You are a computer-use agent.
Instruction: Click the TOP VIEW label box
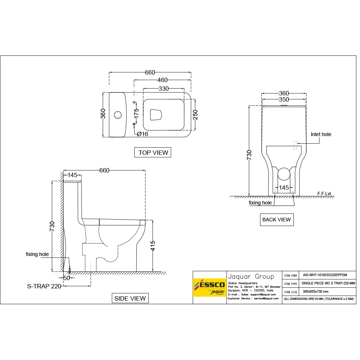pyautogui.click(x=153, y=153)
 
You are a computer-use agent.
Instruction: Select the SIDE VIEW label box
pyautogui.click(x=130, y=298)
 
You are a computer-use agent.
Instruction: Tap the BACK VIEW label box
pyautogui.click(x=276, y=220)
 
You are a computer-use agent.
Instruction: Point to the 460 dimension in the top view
pyautogui.click(x=162, y=80)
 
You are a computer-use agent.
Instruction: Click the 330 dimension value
pyautogui.click(x=164, y=89)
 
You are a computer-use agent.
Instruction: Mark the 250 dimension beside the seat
pyautogui.click(x=195, y=115)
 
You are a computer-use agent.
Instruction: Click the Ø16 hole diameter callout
pyautogui.click(x=143, y=134)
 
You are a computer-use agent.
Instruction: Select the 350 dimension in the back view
pyautogui.click(x=284, y=100)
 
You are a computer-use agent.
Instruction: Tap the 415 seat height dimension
pyautogui.click(x=153, y=246)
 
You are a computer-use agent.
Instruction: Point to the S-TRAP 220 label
pyautogui.click(x=44, y=287)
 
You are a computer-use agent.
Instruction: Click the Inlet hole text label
pyautogui.click(x=321, y=134)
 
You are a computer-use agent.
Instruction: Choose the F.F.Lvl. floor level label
pyautogui.click(x=324, y=193)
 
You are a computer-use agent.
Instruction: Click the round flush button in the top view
pyautogui.click(x=117, y=115)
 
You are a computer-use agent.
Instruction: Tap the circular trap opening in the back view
pyautogui.click(x=284, y=174)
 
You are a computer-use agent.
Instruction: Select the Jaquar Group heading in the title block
pyautogui.click(x=251, y=276)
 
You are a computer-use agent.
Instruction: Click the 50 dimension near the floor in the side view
pyautogui.click(x=67, y=278)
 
